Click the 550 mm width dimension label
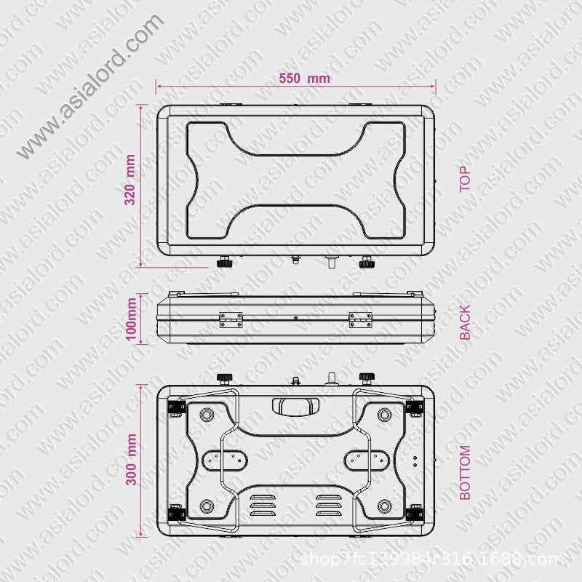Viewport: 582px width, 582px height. point(303,78)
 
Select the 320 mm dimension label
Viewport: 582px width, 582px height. point(130,180)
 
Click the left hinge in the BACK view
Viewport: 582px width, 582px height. point(231,319)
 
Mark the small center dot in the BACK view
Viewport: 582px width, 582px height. point(295,318)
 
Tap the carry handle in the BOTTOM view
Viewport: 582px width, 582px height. point(295,404)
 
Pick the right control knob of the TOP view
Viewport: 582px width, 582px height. point(367,261)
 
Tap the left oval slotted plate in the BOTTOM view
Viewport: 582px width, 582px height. point(223,459)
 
